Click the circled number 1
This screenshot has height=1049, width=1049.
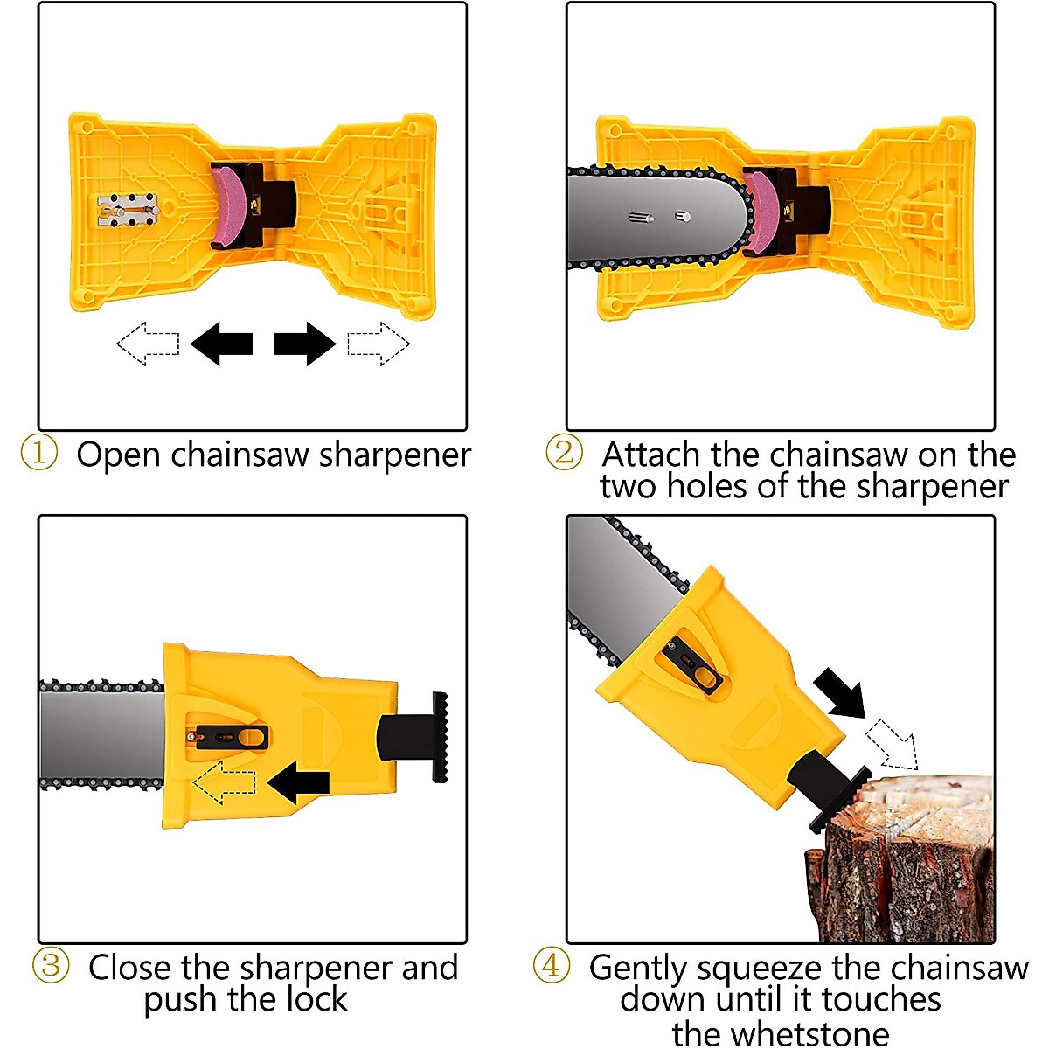coord(39,453)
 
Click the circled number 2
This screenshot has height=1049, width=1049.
coord(565,452)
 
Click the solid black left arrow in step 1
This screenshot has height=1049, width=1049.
coord(221,344)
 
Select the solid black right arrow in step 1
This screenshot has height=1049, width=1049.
coord(305,344)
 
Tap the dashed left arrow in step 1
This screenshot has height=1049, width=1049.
coord(148,344)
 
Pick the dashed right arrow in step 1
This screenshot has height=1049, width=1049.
coord(379,344)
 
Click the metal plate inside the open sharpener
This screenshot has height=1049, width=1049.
coord(129,209)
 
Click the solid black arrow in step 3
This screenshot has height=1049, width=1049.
coord(299,782)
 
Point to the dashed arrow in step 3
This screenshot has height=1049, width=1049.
coord(225,782)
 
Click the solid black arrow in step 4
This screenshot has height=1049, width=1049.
coord(840,691)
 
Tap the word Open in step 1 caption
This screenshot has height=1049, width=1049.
coord(119,456)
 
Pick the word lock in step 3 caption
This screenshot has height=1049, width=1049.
coord(318,999)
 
